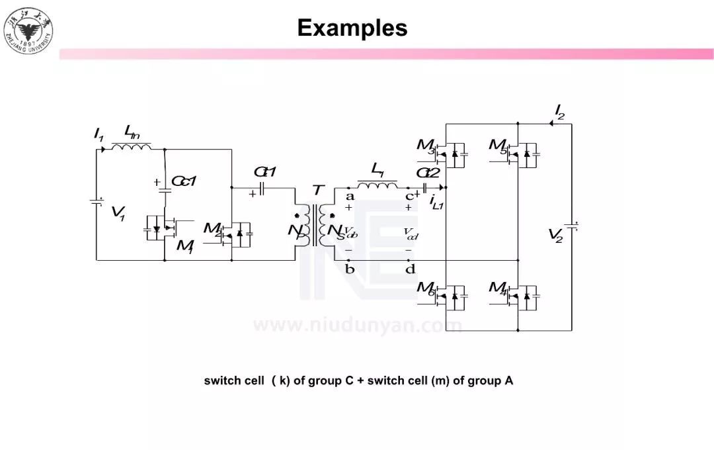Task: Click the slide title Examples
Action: [x=352, y=28]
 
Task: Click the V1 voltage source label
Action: [x=118, y=213]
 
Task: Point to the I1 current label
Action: [x=99, y=135]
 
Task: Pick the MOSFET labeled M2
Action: [x=235, y=233]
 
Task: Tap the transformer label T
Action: [x=318, y=191]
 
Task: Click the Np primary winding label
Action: [x=296, y=232]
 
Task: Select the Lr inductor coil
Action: [x=377, y=183]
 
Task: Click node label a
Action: [x=350, y=197]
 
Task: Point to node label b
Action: [x=350, y=269]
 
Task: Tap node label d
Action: [x=410, y=269]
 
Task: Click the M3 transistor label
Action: [x=426, y=146]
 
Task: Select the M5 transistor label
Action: [x=498, y=146]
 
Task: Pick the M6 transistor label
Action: [x=426, y=289]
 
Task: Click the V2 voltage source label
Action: [x=555, y=235]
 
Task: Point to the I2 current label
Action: [x=559, y=111]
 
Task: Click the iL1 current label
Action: [x=436, y=201]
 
